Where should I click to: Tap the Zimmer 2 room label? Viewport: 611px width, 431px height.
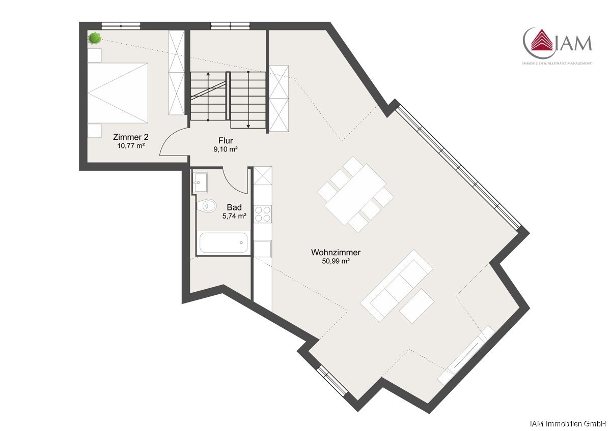(x=131, y=137)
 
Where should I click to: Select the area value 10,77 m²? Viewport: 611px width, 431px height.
(x=131, y=146)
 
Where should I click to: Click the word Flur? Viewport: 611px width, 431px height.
(x=226, y=140)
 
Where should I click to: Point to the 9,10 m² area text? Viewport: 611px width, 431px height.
(x=226, y=149)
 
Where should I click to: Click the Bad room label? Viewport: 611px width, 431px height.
(x=234, y=207)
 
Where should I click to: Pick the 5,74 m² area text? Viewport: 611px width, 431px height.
(x=234, y=216)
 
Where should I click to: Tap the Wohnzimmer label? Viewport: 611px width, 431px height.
(x=336, y=253)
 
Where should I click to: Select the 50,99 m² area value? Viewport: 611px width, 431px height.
(x=336, y=261)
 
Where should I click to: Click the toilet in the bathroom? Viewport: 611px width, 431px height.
(x=207, y=206)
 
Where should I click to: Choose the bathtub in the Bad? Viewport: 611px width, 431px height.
(x=224, y=242)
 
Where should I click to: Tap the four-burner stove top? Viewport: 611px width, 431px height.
(x=263, y=214)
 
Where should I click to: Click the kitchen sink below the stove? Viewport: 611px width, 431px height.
(x=263, y=249)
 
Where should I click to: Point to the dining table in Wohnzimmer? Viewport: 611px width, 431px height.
(x=355, y=194)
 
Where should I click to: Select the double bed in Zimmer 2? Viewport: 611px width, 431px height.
(x=118, y=93)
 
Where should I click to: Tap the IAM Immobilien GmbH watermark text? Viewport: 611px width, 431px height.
(x=570, y=424)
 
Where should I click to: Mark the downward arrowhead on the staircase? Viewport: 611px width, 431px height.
(x=248, y=126)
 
